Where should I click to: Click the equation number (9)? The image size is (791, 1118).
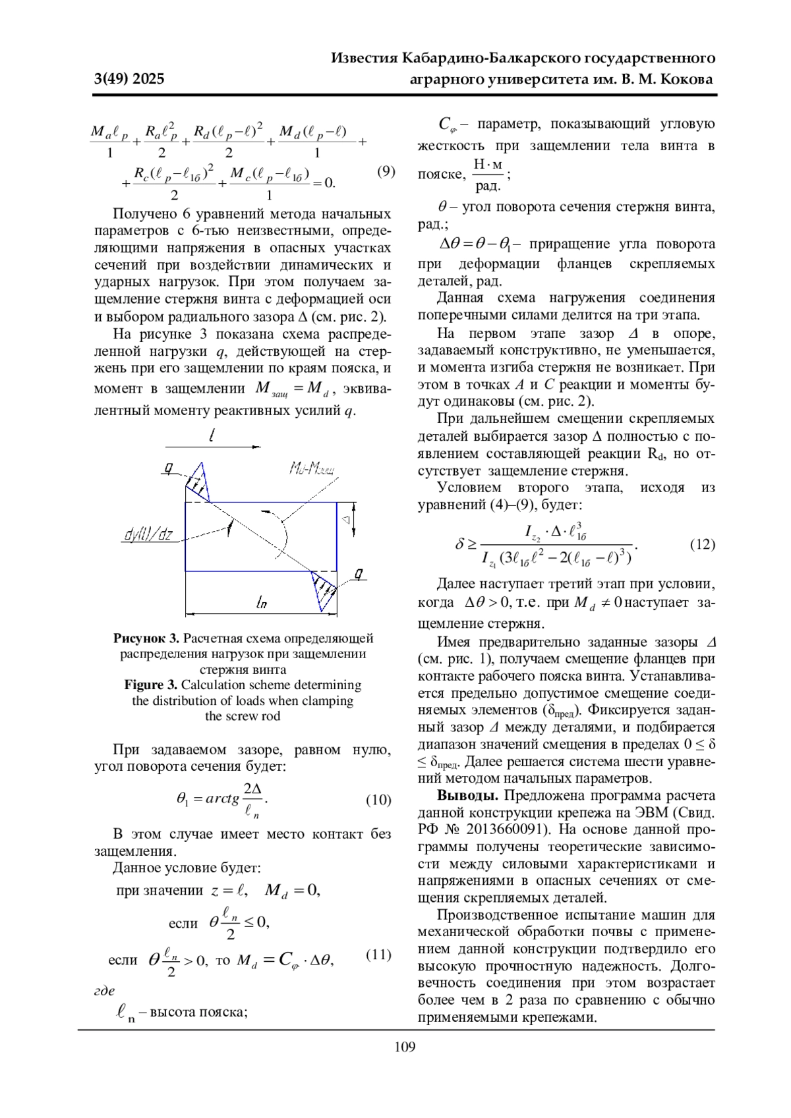coord(386,172)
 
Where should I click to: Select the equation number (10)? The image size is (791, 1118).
coord(378,800)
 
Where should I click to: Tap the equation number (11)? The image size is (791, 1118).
coord(378,955)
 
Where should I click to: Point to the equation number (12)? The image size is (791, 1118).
coord(702,544)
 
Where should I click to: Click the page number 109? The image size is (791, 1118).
coord(405,1047)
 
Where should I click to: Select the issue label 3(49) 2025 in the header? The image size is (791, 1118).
coord(129,80)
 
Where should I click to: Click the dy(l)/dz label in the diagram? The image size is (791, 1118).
coord(148,535)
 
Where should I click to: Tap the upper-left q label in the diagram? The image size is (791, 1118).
coord(169,468)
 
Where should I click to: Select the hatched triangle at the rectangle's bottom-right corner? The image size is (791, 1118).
coord(324,590)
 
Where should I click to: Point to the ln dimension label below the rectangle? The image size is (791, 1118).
coord(262,601)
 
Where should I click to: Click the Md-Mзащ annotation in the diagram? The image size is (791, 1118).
coord(312,468)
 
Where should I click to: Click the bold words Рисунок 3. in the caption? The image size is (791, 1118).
coord(146,638)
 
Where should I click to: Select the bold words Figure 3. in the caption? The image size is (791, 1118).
coord(151,685)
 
